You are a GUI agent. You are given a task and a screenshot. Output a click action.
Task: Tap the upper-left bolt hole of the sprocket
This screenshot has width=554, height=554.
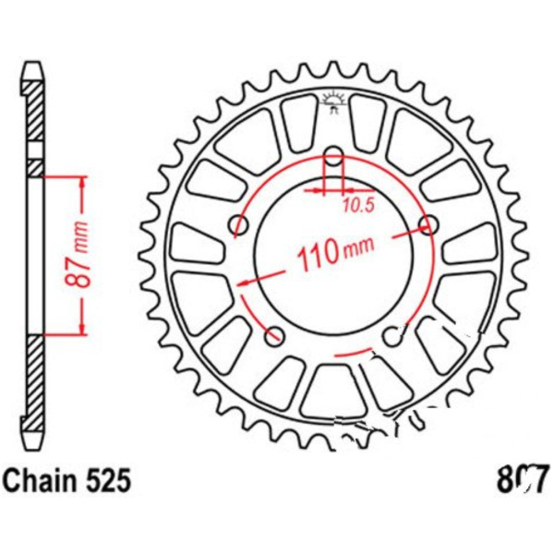241,224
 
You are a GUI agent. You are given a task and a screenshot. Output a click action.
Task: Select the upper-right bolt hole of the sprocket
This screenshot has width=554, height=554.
428,224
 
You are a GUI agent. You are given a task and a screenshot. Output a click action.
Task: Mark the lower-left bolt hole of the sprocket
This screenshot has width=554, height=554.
275,334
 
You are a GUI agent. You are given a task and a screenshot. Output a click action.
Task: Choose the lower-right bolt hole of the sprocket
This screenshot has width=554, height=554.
391,334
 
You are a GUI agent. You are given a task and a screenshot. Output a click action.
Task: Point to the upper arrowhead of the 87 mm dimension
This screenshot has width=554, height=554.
84,180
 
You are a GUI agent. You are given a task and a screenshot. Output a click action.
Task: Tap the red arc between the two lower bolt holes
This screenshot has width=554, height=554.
348,355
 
